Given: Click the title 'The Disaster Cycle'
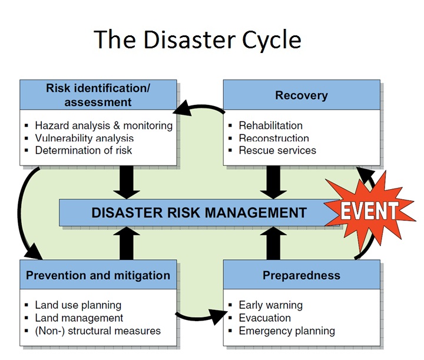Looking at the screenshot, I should (x=197, y=39).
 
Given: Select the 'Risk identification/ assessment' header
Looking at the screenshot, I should (x=98, y=95).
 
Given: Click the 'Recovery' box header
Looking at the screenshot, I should (x=301, y=95).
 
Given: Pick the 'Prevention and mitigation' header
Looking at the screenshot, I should (x=98, y=275).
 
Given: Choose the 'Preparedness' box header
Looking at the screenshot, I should (x=301, y=275).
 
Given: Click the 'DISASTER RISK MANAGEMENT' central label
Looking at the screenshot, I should (x=199, y=213).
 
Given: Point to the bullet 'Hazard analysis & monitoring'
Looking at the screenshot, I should (x=103, y=125).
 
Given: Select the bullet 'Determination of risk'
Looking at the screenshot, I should (x=83, y=150).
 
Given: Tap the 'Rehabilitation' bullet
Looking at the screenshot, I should (x=270, y=125).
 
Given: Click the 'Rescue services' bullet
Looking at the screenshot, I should (x=277, y=150).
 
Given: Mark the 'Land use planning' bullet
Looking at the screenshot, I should (x=78, y=305).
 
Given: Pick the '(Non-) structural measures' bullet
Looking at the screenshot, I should (x=97, y=331).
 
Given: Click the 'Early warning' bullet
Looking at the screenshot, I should (x=270, y=305).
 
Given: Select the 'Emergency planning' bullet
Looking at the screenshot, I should (x=286, y=331).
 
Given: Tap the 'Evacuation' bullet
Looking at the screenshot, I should (x=264, y=318).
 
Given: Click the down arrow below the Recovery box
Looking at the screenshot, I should (x=273, y=182).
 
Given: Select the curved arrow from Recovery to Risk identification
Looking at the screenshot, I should (x=200, y=108).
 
